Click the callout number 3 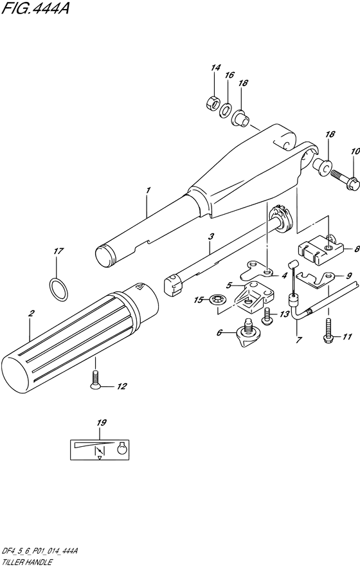pos(210,237)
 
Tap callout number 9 pos(348,275)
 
